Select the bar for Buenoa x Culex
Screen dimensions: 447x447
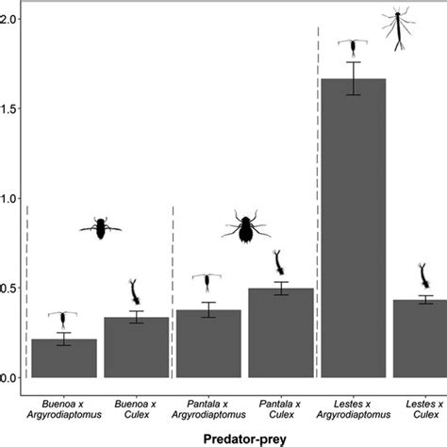pyautogui.click(x=136, y=347)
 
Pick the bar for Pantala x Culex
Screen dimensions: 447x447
pyautogui.click(x=280, y=333)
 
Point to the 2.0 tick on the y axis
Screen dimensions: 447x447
pyautogui.click(x=8, y=19)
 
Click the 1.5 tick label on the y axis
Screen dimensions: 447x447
pyautogui.click(x=8, y=108)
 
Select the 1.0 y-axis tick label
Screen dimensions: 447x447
pyautogui.click(x=8, y=198)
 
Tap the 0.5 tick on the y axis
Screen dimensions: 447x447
pyautogui.click(x=8, y=288)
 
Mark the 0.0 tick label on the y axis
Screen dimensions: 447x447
pyautogui.click(x=8, y=377)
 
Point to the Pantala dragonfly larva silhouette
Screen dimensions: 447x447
pyautogui.click(x=246, y=226)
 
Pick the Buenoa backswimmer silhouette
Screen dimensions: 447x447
pyautogui.click(x=101, y=226)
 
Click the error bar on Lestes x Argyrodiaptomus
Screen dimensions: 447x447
pyautogui.click(x=353, y=78)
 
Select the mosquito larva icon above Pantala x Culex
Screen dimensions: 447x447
pyautogui.click(x=279, y=261)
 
